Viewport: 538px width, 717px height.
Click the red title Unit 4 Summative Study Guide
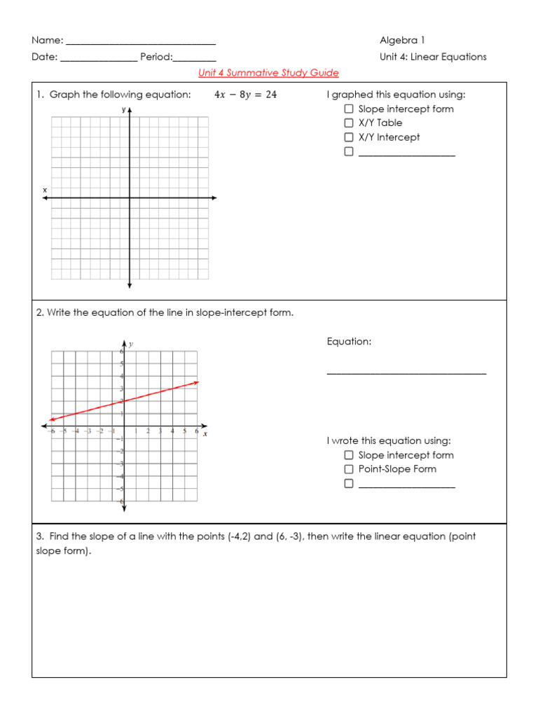pos(268,73)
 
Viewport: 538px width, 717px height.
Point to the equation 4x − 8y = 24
pos(245,95)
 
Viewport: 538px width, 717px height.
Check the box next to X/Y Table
pos(349,123)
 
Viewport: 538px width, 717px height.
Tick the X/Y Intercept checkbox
pos(349,137)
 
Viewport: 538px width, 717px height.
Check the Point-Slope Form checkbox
pos(349,469)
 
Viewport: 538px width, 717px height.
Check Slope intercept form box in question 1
pos(349,109)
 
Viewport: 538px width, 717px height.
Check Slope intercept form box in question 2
pos(349,455)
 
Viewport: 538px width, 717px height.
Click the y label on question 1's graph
pos(123,110)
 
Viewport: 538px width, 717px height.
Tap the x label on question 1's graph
pos(45,190)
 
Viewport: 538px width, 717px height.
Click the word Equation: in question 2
pos(349,342)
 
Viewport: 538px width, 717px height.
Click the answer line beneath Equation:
pos(406,373)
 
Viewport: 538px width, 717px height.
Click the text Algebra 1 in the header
pos(402,41)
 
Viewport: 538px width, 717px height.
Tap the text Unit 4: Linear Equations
pos(433,57)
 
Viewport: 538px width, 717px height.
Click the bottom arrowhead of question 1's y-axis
pos(130,285)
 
